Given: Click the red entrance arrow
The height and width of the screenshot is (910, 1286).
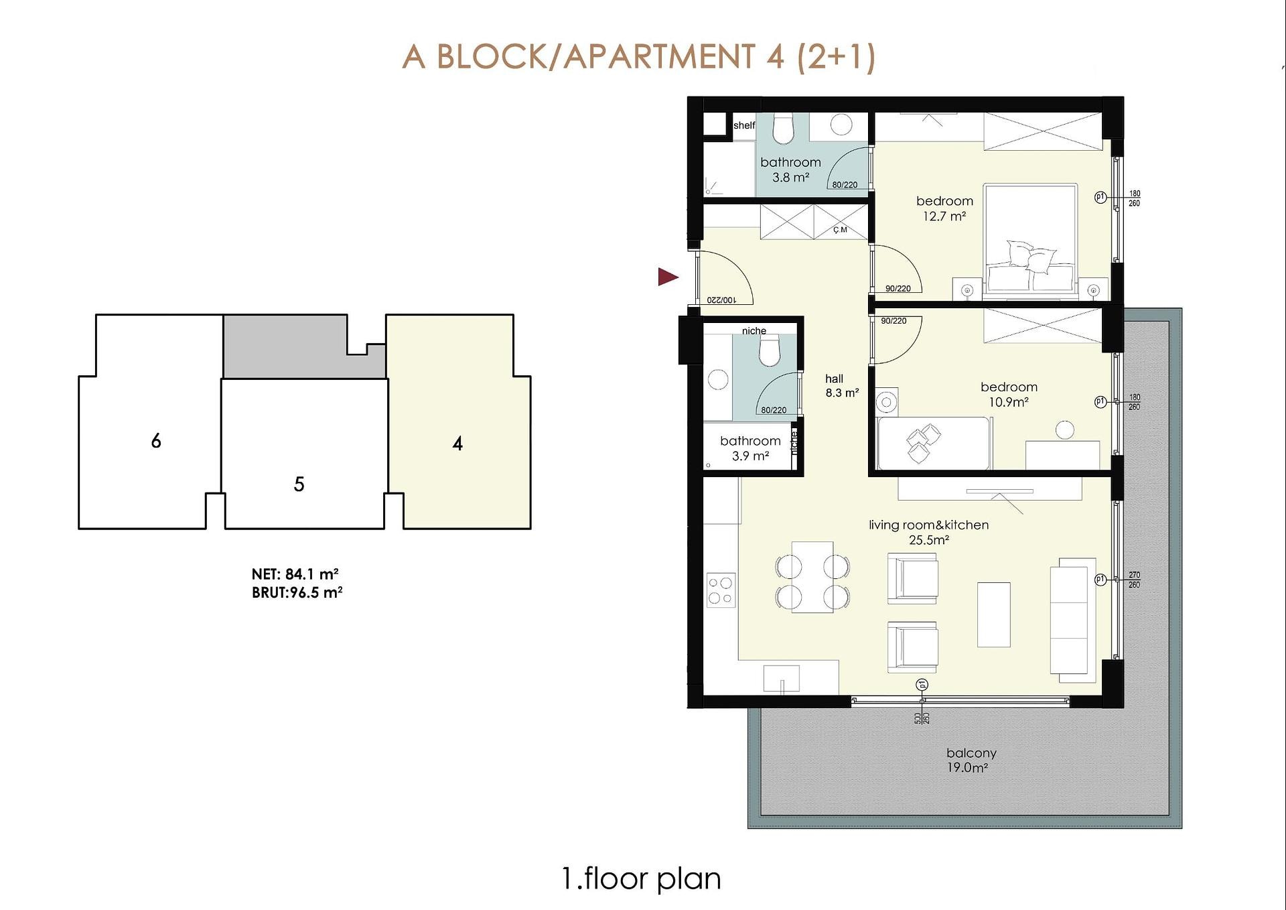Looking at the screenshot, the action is coord(668,277).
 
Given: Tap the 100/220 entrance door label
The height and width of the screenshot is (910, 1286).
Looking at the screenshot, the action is coord(721,300).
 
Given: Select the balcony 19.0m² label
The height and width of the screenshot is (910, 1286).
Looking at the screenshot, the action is coord(971,760).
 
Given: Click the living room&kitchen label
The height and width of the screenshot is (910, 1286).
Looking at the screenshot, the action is coord(928,532).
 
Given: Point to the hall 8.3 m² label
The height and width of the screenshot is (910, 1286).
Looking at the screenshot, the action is coord(841,386).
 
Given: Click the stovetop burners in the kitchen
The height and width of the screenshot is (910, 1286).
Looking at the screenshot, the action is coord(721,590).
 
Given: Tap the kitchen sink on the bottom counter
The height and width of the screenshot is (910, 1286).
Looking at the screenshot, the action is coord(782,678).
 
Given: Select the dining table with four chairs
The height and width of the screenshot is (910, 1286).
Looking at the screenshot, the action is coord(812,577).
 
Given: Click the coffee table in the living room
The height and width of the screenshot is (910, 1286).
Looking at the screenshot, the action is coord(993,614).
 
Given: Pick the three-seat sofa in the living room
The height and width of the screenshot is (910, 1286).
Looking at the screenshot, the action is coord(1072,616).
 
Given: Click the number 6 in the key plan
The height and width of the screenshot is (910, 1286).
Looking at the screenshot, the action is coord(156,441).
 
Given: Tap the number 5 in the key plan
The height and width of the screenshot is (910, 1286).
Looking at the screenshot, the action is coord(299,484).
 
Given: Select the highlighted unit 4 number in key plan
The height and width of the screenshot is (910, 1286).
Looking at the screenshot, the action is coord(457,443).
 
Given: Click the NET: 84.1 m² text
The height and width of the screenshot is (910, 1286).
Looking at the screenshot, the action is coord(295,574).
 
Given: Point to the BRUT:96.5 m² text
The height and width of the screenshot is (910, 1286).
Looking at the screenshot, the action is coord(297,592).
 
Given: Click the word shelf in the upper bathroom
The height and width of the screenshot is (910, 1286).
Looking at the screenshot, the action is coord(744,125).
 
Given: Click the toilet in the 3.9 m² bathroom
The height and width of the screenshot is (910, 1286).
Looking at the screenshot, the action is coord(770,351).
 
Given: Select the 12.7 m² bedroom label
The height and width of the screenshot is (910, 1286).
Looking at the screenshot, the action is coord(944,208).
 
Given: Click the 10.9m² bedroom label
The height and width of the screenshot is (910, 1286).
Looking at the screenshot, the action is coord(1009,394).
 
